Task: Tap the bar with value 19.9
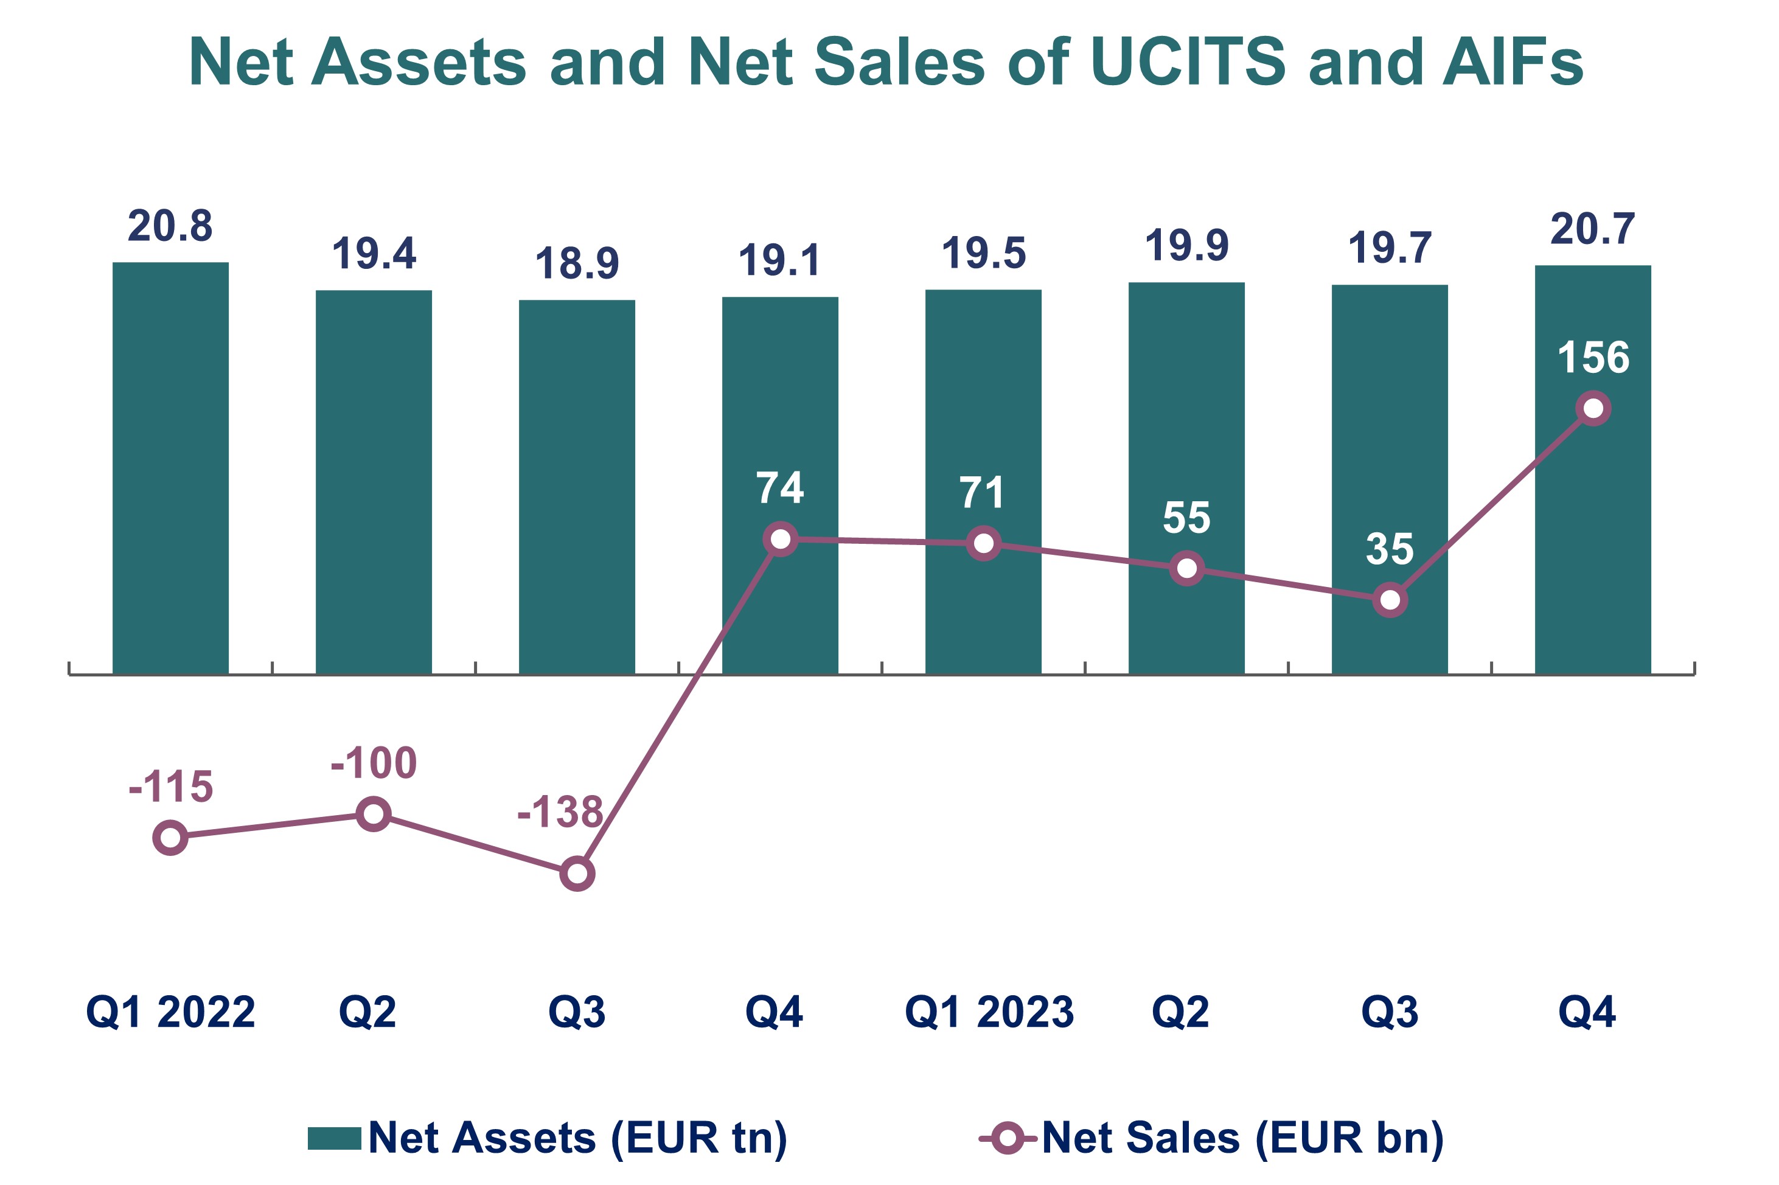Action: tap(1186, 477)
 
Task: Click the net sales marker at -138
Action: tap(577, 874)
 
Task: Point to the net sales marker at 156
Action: tap(1592, 408)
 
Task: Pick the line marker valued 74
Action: tap(780, 539)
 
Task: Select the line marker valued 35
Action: tap(1389, 600)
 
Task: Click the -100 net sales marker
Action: tap(374, 813)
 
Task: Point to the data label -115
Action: tap(171, 787)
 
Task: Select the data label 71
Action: tap(982, 493)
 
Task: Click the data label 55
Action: tap(1186, 518)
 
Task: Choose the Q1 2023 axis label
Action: tap(989, 1012)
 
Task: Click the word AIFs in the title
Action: tap(1511, 62)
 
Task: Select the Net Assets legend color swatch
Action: tap(334, 1138)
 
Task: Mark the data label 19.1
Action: tap(779, 261)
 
